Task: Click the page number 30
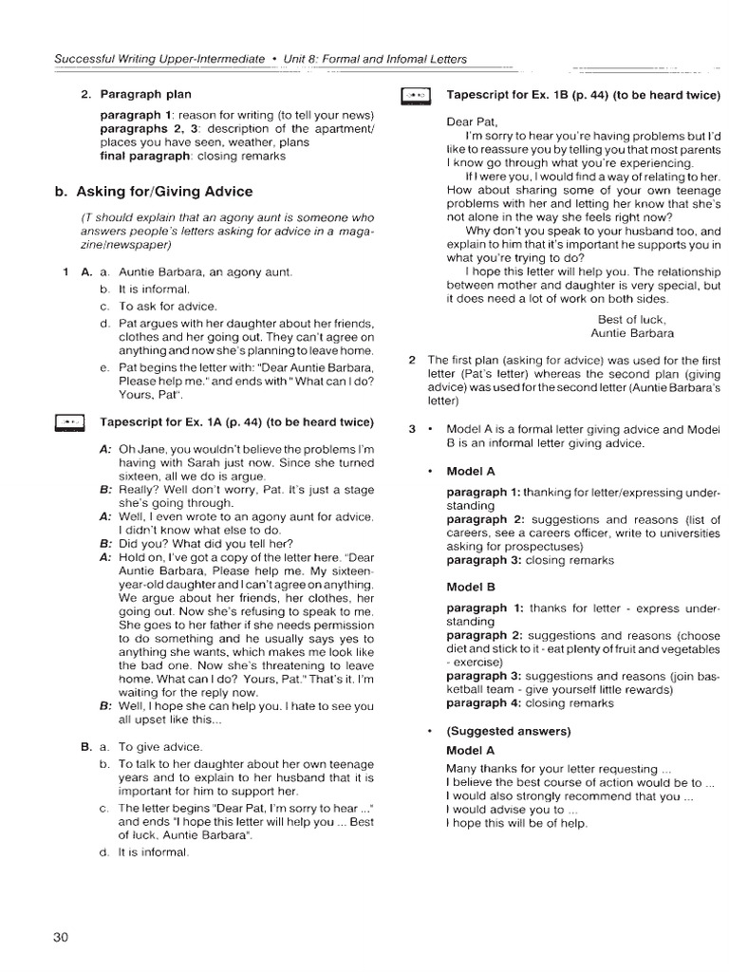[x=62, y=937]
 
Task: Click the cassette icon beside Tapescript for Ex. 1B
[x=417, y=95]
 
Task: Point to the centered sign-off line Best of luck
[x=632, y=319]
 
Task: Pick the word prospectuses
[x=547, y=547]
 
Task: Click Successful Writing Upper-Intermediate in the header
[x=159, y=59]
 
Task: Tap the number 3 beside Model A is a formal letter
[x=412, y=429]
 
